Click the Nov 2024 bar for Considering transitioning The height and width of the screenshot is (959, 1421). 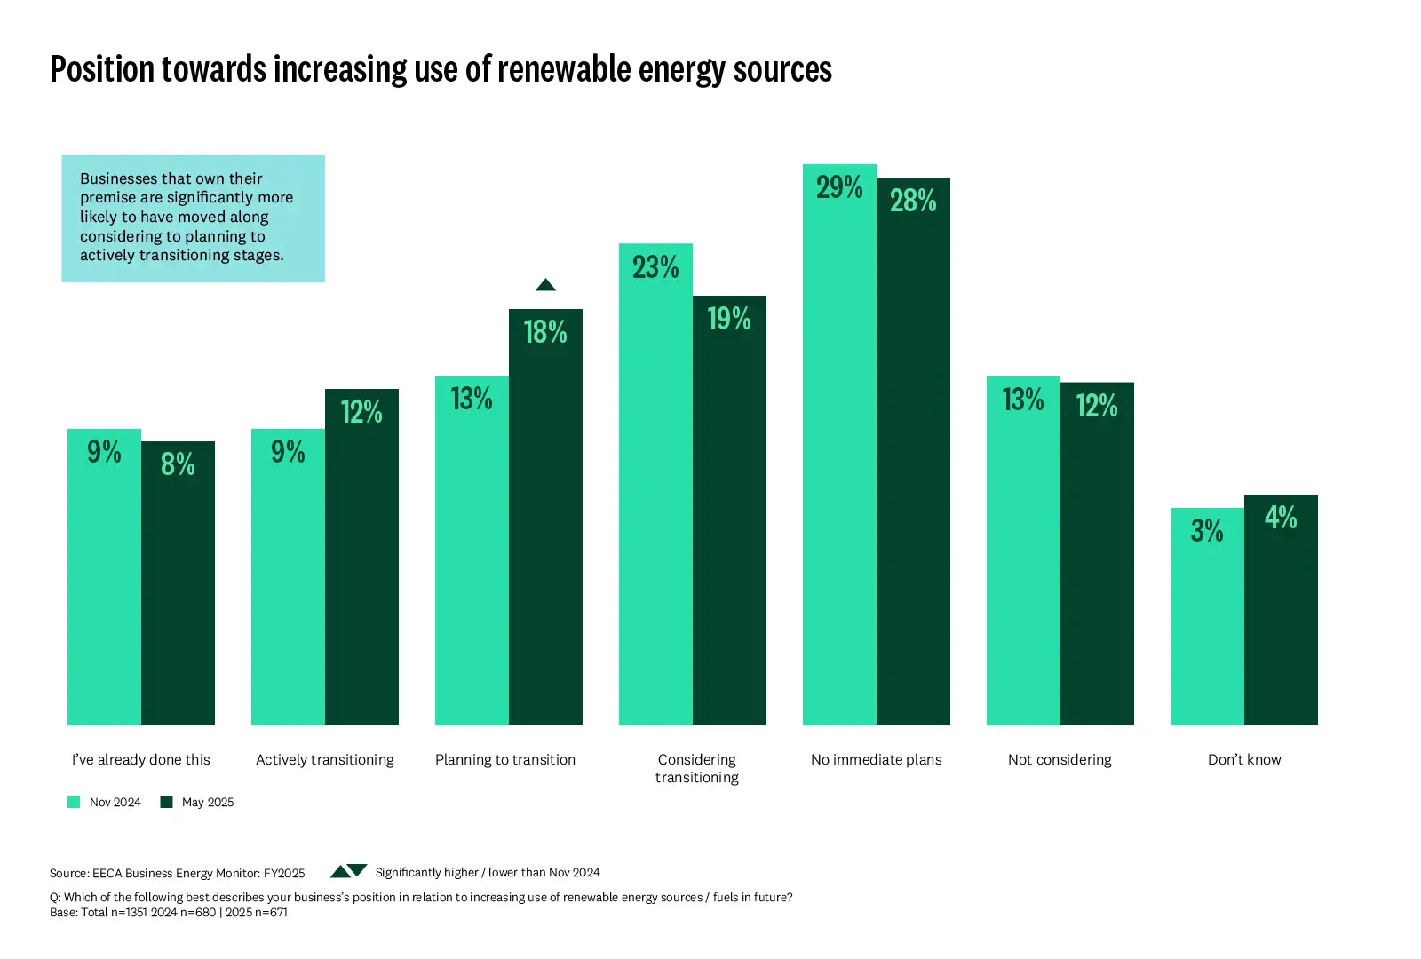pyautogui.click(x=655, y=497)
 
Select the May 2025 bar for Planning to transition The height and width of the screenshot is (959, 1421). pyautogui.click(x=545, y=533)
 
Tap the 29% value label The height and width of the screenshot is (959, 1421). pyautogui.click(x=839, y=187)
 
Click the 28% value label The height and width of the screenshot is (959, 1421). pyautogui.click(x=913, y=201)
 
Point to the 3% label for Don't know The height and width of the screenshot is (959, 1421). pyautogui.click(x=1207, y=531)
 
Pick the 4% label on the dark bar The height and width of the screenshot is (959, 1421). pyautogui.click(x=1281, y=518)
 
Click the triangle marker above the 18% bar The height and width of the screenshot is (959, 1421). pyautogui.click(x=545, y=285)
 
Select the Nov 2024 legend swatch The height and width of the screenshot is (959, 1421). pyautogui.click(x=74, y=802)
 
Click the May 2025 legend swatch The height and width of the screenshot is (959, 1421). pyautogui.click(x=166, y=802)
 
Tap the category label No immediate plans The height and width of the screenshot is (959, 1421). pyautogui.click(x=876, y=759)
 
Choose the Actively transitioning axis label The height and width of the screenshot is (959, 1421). pyautogui.click(x=325, y=759)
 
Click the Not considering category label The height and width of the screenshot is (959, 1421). pyautogui.click(x=1060, y=759)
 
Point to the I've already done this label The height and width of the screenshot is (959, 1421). pyautogui.click(x=141, y=759)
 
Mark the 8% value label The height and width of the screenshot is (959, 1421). pyautogui.click(x=178, y=464)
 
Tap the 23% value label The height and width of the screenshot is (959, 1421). pyautogui.click(x=655, y=267)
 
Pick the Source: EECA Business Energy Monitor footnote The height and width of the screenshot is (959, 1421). pyautogui.click(x=178, y=873)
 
